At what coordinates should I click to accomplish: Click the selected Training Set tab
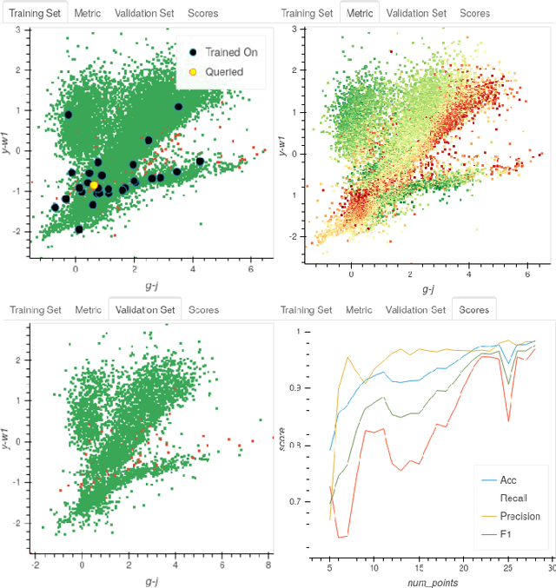(35, 14)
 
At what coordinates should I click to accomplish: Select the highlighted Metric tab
(360, 14)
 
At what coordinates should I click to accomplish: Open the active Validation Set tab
(143, 310)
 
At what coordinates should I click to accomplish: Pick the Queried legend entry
(223, 72)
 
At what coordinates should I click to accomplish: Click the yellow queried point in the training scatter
(94, 185)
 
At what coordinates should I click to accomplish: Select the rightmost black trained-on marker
(200, 162)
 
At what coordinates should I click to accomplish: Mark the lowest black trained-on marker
(79, 229)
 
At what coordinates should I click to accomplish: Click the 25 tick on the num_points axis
(508, 562)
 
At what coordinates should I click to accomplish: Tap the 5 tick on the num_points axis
(329, 562)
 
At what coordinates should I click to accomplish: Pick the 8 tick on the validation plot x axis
(268, 565)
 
